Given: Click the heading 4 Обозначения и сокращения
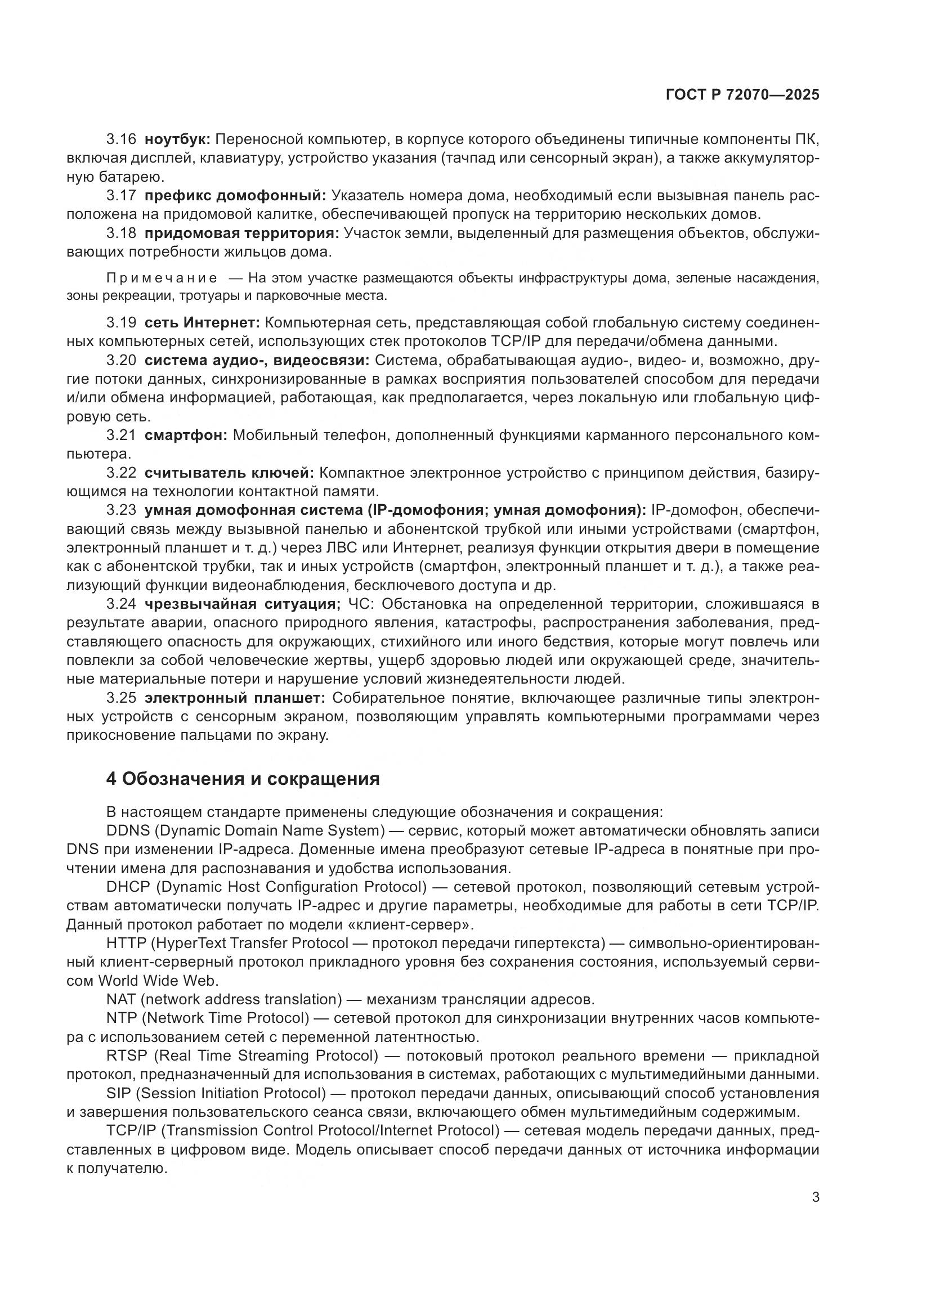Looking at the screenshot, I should point(243,779).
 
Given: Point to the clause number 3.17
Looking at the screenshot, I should point(121,196).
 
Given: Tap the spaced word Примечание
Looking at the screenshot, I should point(162,279).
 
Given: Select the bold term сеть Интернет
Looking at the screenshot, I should point(203,324).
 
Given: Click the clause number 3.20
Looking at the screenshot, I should point(121,361).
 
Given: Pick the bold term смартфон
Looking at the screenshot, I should point(186,435).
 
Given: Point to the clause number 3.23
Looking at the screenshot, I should point(121,510).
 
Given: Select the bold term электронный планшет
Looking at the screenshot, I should point(235,698).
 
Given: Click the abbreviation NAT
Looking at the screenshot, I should point(120,999).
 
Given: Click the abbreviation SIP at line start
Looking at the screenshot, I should point(118,1093).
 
